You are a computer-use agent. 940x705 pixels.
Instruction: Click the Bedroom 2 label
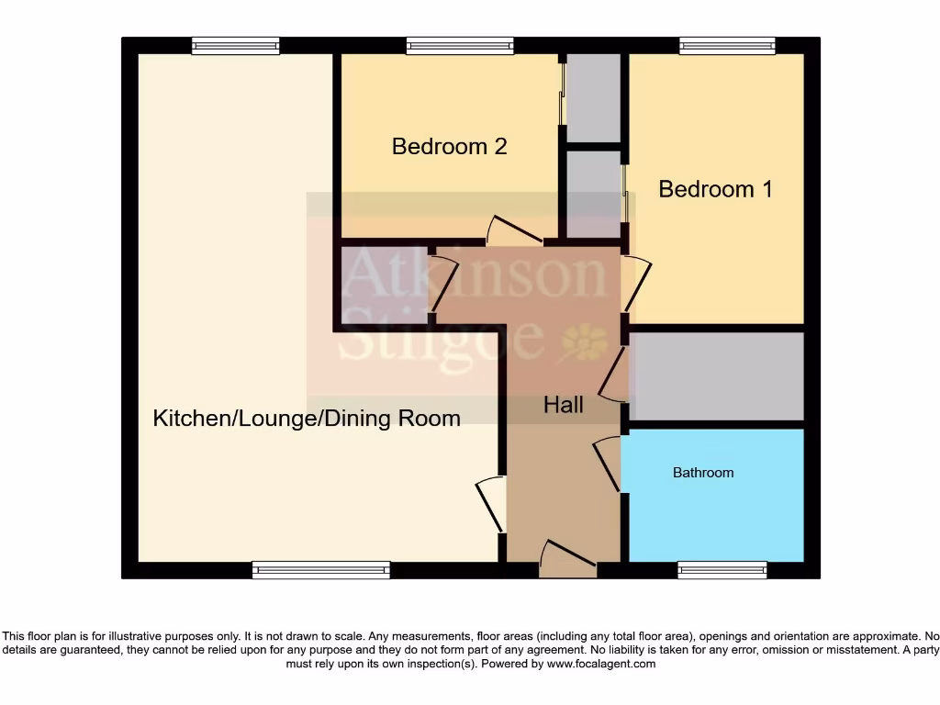point(449,146)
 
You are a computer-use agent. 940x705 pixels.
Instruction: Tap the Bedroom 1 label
point(715,189)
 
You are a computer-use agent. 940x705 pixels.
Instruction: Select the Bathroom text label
point(703,473)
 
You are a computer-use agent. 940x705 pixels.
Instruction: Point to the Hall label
point(563,405)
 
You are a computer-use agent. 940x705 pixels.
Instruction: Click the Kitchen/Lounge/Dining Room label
point(306,420)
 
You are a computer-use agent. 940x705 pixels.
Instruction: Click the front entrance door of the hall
point(568,559)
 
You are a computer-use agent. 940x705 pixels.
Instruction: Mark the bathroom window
point(722,570)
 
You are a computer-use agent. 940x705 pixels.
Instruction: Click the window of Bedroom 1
point(726,46)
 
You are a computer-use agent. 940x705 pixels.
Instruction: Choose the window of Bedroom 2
point(459,46)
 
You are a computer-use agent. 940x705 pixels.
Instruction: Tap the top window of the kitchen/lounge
point(235,46)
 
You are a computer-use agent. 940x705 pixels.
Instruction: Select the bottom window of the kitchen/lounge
point(320,570)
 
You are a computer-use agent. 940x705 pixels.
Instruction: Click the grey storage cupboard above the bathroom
point(716,376)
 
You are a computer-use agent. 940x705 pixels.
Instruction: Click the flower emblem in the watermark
point(584,342)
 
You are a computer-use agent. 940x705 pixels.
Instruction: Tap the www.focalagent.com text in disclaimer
point(600,664)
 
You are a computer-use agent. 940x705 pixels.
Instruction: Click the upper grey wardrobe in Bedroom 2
point(593,98)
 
